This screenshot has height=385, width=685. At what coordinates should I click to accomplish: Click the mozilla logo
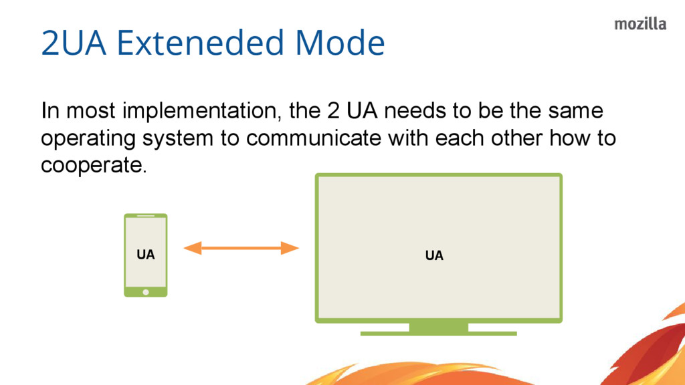click(640, 24)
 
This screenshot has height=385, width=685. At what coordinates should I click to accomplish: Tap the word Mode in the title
click(340, 43)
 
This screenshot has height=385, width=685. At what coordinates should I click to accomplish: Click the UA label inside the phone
click(145, 255)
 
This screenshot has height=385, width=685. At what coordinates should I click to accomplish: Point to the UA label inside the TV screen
click(434, 255)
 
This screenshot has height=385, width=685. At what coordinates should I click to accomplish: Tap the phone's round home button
click(146, 291)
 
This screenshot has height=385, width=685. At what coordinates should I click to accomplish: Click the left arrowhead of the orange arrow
click(192, 249)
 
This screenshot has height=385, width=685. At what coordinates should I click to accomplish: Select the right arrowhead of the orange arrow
click(290, 249)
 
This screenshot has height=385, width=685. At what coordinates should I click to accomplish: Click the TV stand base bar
click(439, 333)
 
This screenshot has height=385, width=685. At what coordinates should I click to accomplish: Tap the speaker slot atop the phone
click(145, 216)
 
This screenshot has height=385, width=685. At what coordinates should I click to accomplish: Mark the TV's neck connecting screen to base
click(439, 326)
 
